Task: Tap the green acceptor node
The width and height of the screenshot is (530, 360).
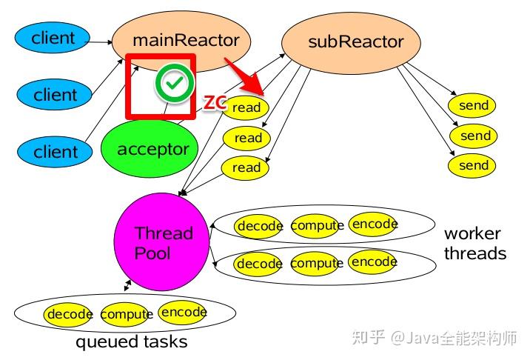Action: pos(152,149)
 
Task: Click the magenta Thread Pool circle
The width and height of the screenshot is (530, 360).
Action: pos(161,243)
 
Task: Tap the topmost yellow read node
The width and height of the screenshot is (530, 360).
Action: pos(246,107)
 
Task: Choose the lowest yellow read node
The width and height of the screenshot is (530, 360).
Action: pos(246,167)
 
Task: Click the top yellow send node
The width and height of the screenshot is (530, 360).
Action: pos(473,105)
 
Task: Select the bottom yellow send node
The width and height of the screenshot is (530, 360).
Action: pos(473,165)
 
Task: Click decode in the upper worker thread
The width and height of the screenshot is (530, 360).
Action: pos(259,226)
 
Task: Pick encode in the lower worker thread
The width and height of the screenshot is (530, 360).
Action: pos(374,262)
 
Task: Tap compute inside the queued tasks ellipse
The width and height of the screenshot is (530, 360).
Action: pos(125,315)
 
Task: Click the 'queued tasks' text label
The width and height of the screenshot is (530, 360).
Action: pos(131,342)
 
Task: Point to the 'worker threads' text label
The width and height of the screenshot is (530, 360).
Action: pos(474,244)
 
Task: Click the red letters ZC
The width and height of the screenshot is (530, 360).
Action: pos(215,104)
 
